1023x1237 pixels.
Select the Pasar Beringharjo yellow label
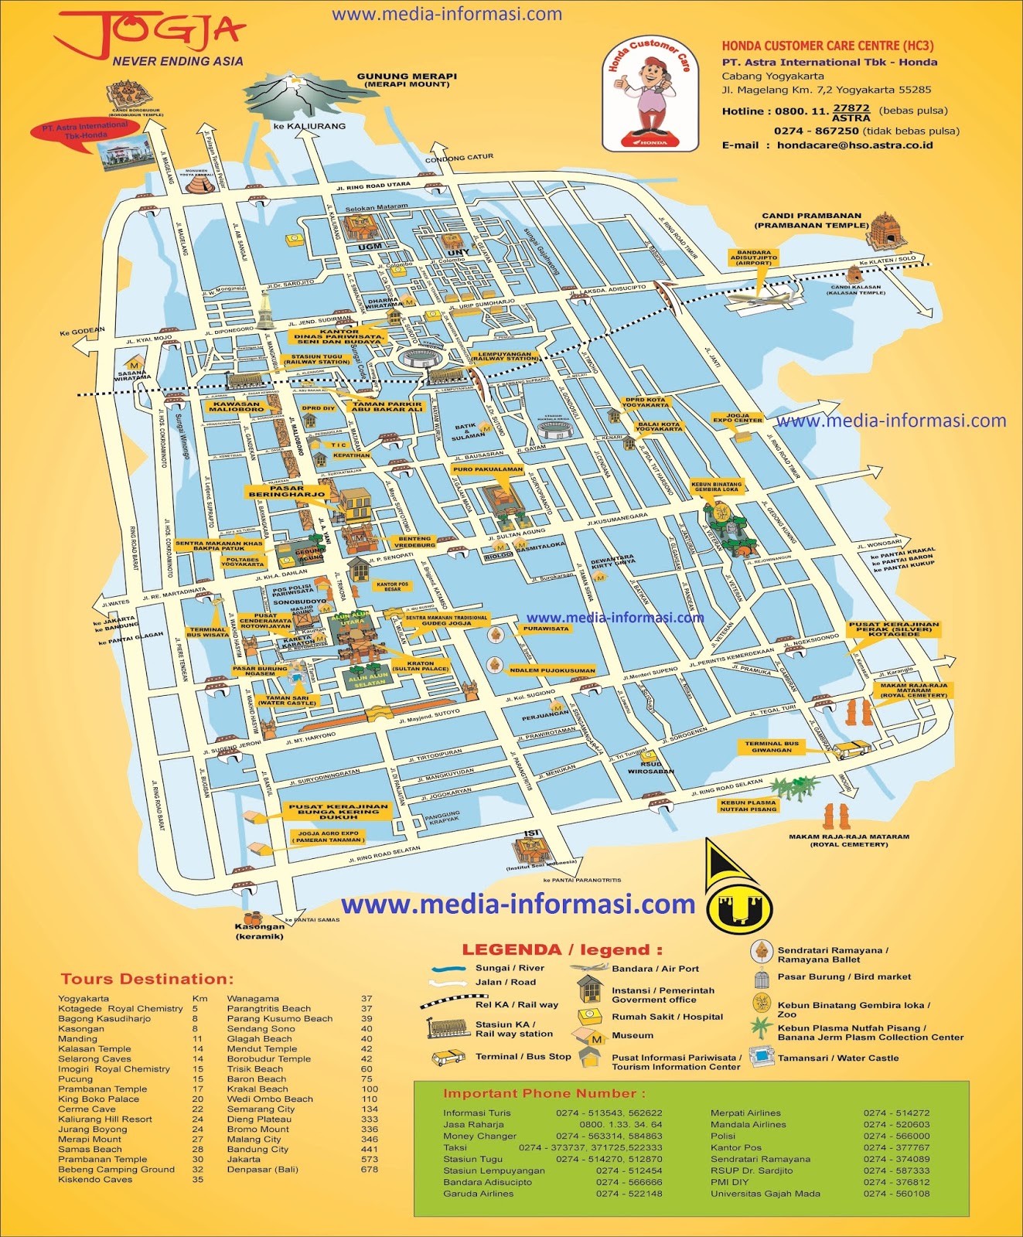287,491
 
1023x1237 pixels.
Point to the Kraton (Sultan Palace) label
420,666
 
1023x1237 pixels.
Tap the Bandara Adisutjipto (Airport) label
753,257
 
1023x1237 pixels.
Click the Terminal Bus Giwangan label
771,746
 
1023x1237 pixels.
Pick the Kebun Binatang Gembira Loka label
716,487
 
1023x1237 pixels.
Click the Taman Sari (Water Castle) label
287,700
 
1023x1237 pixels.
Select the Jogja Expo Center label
737,417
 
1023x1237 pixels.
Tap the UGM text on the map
370,247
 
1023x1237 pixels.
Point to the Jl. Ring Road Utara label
373,186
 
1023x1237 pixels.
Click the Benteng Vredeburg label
414,541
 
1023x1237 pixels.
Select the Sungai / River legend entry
509,968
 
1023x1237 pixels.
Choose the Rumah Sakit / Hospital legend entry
667,1017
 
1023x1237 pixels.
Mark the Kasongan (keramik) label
260,931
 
